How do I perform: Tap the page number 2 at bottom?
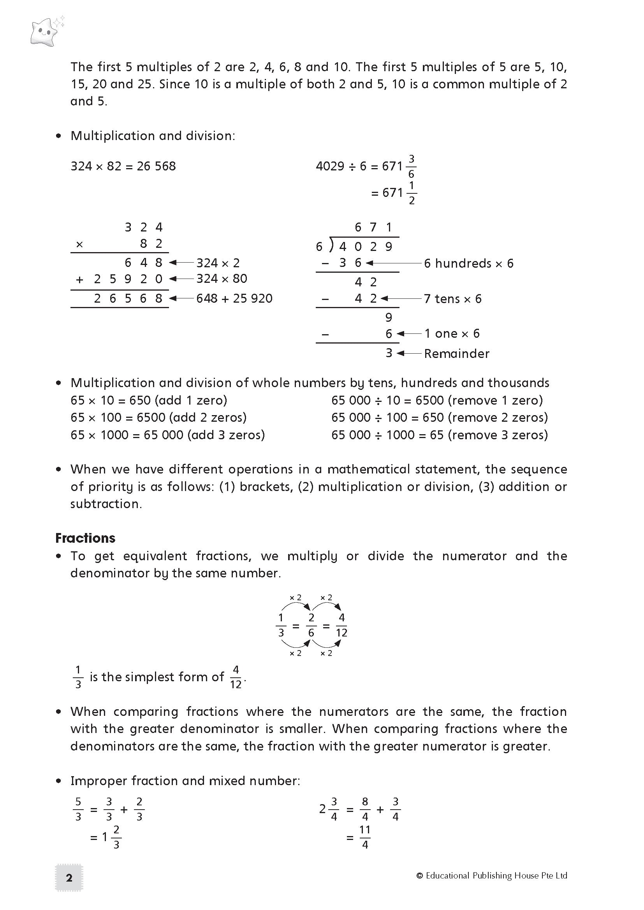pos(69,877)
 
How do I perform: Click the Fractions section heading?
pos(85,538)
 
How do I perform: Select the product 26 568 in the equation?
pos(156,166)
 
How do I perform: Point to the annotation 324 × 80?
pos(222,279)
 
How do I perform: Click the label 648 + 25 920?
pos(234,298)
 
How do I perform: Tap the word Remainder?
pos(456,354)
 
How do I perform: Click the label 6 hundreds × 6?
pos(468,263)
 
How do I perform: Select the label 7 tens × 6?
pos(452,299)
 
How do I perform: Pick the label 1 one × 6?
pos(452,334)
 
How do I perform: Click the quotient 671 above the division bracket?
pos(373,227)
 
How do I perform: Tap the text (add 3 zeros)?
pos(226,435)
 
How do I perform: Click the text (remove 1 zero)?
pos(495,400)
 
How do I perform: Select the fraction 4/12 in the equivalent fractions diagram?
pos(341,625)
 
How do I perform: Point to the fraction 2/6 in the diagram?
pos(311,625)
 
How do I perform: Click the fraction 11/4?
pos(365,837)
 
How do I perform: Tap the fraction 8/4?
pos(365,809)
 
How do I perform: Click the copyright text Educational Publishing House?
pos(492,875)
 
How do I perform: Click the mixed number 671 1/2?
pos(399,193)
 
